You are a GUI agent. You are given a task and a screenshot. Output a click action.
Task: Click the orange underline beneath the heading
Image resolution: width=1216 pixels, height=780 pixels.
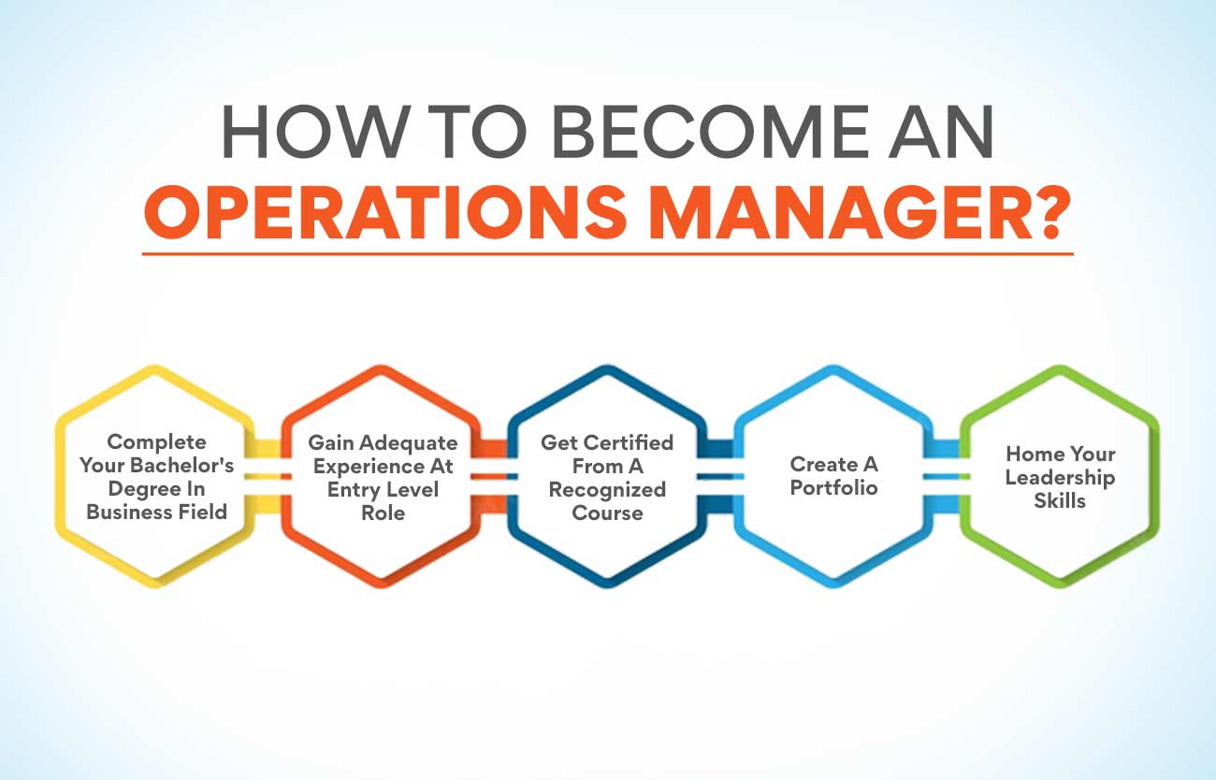(x=607, y=253)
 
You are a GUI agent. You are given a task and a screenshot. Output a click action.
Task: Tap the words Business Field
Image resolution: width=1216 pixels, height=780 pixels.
(x=156, y=512)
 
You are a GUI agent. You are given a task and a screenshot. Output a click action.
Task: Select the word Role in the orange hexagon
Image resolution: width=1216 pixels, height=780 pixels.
(x=383, y=513)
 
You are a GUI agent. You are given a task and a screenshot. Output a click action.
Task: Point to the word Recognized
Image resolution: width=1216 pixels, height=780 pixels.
(x=607, y=489)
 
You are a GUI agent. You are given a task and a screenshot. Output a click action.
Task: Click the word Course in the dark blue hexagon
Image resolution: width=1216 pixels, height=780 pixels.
(x=607, y=513)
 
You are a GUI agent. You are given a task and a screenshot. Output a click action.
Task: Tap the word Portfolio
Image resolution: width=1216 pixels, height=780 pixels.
(x=833, y=488)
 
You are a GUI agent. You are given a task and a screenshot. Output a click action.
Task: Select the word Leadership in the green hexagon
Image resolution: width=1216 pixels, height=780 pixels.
(x=1060, y=477)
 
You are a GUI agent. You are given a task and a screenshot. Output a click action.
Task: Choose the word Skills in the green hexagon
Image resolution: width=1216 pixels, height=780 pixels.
(x=1060, y=500)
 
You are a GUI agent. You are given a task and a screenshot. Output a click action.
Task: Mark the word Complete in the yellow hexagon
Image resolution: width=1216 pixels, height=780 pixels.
(x=156, y=441)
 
